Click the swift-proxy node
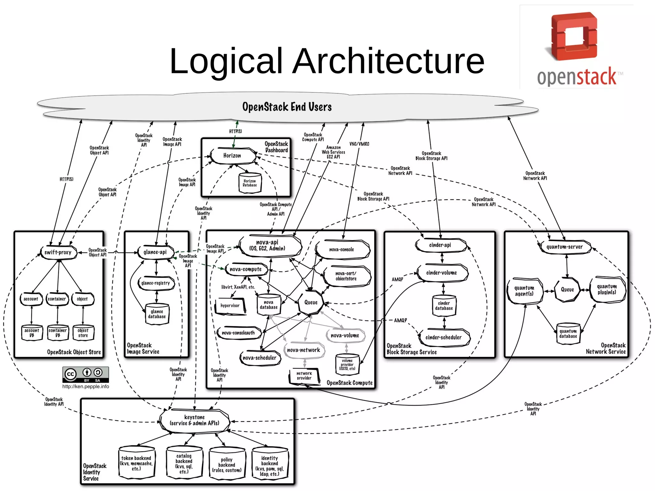tap(58, 252)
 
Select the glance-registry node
tap(156, 283)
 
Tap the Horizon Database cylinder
tap(249, 183)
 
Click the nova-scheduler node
tap(259, 358)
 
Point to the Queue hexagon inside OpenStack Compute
tap(311, 302)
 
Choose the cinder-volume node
tap(441, 273)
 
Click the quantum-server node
tap(564, 247)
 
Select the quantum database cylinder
tap(568, 334)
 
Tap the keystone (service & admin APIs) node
tap(194, 420)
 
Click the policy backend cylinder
tap(227, 464)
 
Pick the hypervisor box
tap(230, 306)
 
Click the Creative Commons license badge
tap(85, 375)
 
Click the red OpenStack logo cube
tap(574, 36)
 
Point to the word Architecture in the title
tap(388, 61)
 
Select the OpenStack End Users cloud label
tap(287, 107)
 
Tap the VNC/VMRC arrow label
tap(359, 144)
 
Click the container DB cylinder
tap(58, 333)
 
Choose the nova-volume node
tap(345, 336)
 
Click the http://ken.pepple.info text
tap(85, 386)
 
